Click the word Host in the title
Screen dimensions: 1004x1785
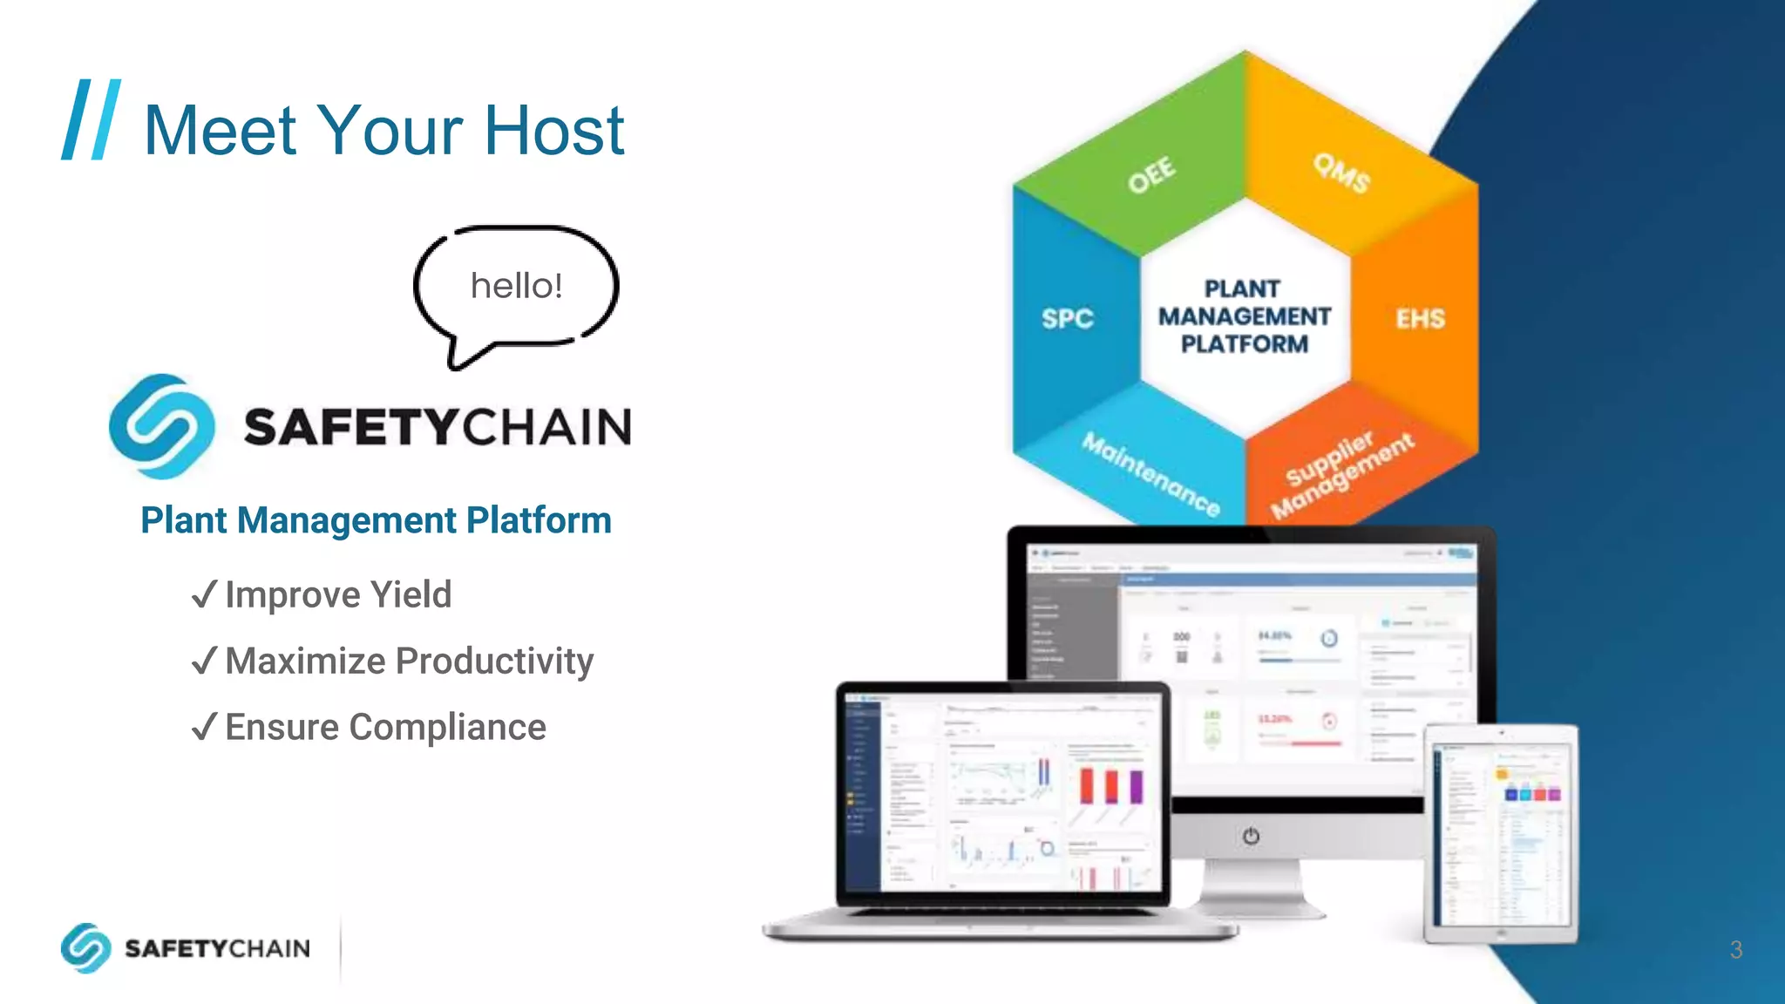tap(554, 131)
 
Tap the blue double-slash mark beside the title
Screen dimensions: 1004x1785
tap(91, 119)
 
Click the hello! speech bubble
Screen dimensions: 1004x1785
tap(516, 286)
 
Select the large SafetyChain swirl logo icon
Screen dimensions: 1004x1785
tap(162, 426)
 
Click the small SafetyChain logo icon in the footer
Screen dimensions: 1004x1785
tap(85, 947)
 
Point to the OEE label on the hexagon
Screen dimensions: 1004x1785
tap(1151, 175)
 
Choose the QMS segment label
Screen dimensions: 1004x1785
tap(1341, 173)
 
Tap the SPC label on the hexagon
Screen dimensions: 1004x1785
tap(1067, 319)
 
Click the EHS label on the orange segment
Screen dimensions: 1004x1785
tap(1420, 319)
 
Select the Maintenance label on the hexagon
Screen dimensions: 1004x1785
tap(1150, 474)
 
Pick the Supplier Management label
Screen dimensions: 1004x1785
tap(1342, 475)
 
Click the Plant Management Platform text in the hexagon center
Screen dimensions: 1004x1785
tap(1245, 316)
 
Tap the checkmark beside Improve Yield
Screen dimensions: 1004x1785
tap(203, 595)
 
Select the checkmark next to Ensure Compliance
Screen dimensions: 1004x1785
tap(203, 727)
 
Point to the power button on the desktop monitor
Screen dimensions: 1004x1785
tap(1251, 837)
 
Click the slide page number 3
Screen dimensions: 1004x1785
tap(1735, 950)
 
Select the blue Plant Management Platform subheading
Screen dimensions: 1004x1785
tap(376, 520)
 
